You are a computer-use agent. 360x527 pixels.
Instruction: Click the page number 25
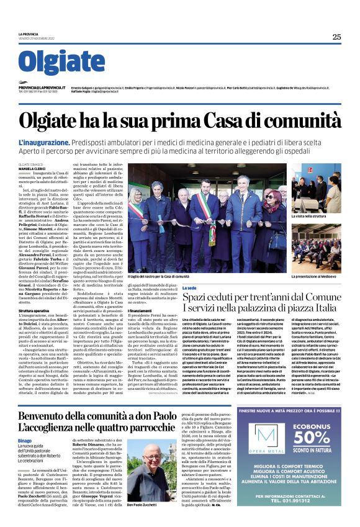tap(336, 37)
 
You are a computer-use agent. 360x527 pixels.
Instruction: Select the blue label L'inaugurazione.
tap(44, 142)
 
